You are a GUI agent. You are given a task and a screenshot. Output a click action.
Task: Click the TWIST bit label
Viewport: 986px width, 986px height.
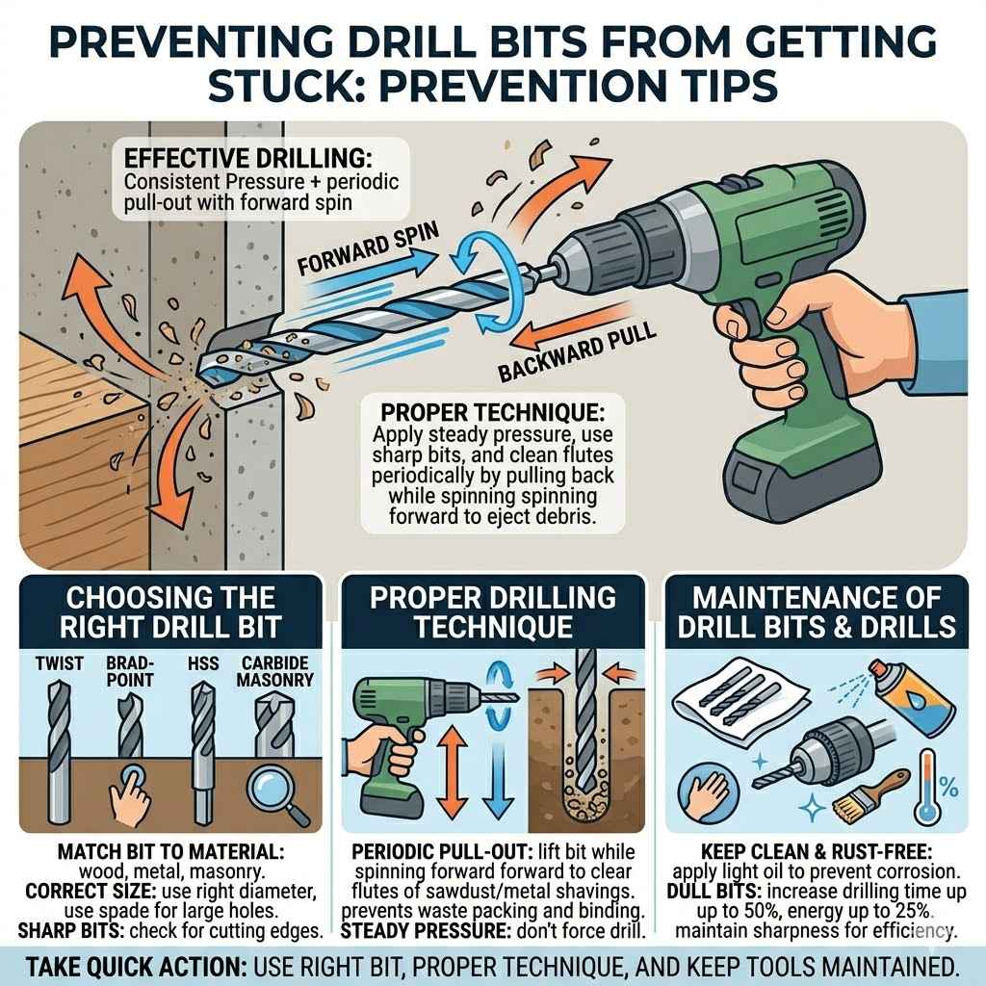[x=59, y=664]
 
